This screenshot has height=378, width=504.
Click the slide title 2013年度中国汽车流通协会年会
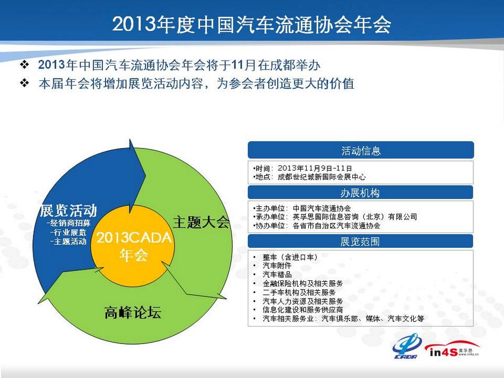[x=251, y=24]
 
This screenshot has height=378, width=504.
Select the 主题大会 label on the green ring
[x=201, y=222]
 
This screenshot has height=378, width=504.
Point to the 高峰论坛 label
[x=133, y=313]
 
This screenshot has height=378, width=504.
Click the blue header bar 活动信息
[x=361, y=150]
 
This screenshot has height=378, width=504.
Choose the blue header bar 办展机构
[x=360, y=193]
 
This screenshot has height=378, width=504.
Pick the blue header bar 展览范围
[x=360, y=242]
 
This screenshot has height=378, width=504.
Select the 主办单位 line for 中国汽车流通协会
[x=302, y=209]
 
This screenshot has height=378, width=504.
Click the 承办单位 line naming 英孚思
[x=335, y=217]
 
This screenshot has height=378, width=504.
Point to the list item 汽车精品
[x=277, y=274]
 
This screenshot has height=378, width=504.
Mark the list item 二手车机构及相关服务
[x=299, y=293]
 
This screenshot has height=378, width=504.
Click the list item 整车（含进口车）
[x=290, y=257]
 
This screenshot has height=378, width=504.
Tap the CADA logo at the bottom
[x=406, y=347]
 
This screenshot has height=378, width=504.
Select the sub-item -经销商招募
[x=68, y=223]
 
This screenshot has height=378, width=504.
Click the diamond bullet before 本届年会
[x=24, y=83]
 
